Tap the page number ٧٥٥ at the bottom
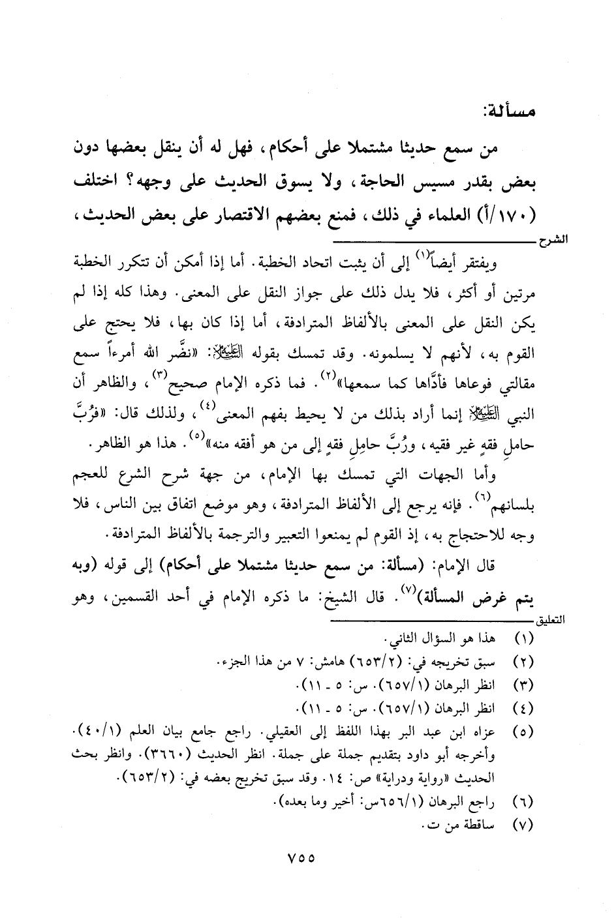301,859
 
